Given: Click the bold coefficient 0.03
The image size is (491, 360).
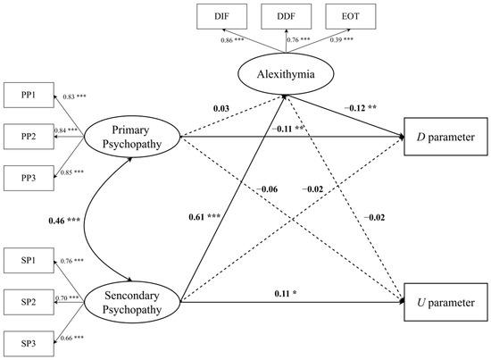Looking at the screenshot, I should [222, 108].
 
